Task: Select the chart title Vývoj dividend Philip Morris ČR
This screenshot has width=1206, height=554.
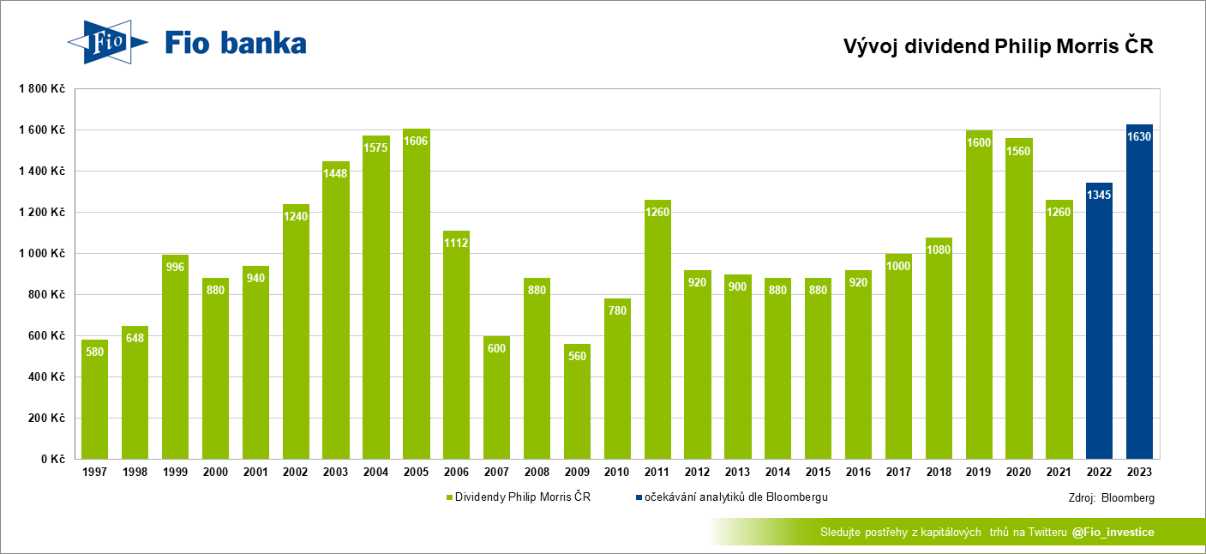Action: [999, 47]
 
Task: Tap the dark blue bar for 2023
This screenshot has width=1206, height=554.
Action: [1139, 292]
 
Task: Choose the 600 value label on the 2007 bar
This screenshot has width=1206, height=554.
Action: [496, 348]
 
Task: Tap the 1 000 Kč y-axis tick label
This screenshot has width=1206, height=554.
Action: [43, 253]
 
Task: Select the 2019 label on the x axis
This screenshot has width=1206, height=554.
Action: [979, 473]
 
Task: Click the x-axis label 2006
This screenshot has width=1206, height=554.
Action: [456, 473]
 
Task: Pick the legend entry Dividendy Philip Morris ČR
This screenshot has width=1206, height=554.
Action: [518, 497]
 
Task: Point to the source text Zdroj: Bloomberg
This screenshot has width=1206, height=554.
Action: [1112, 497]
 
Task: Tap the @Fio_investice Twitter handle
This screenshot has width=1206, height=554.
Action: [1113, 533]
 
